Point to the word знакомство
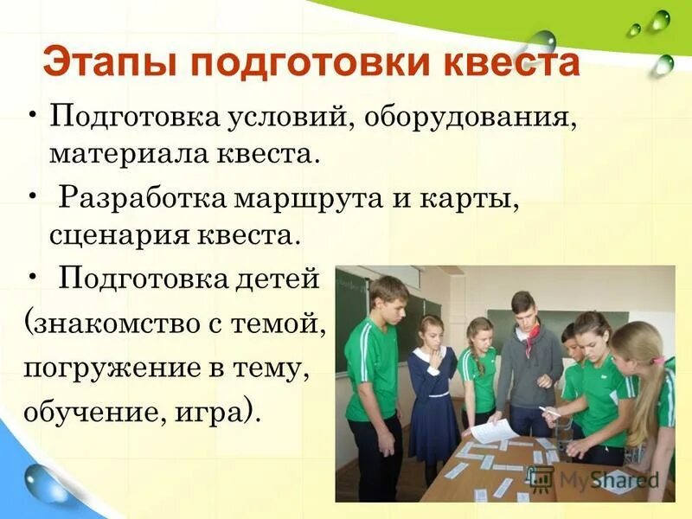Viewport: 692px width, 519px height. pyautogui.click(x=115, y=325)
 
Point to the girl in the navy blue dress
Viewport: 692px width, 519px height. pyautogui.click(x=432, y=389)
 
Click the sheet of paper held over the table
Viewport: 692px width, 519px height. pyautogui.click(x=494, y=431)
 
